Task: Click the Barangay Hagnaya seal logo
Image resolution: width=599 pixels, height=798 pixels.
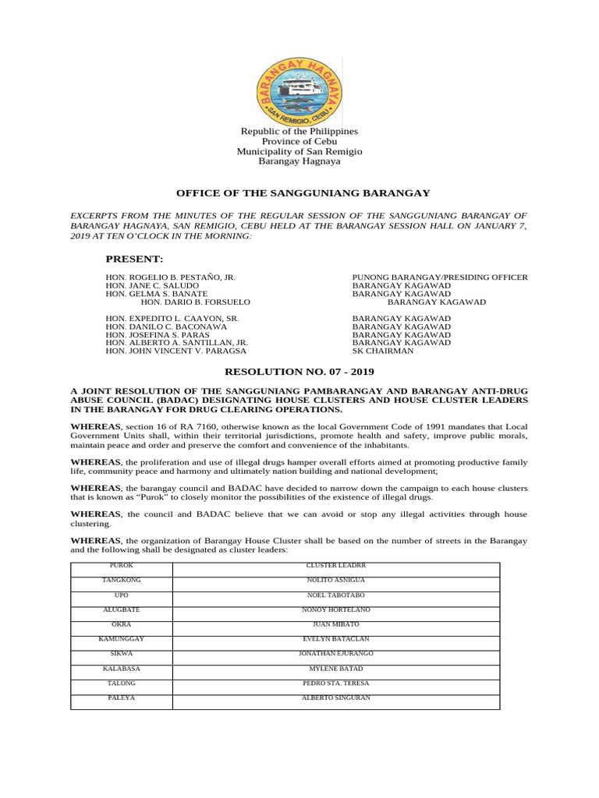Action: [299, 92]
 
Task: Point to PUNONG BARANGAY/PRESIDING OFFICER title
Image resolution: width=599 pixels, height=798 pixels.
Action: [440, 277]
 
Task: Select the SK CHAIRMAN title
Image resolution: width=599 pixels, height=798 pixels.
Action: [383, 351]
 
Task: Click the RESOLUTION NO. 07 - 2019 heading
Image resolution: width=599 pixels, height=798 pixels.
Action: [299, 373]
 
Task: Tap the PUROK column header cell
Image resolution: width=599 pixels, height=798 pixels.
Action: [121, 565]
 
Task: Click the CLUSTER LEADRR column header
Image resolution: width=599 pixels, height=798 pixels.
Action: [335, 565]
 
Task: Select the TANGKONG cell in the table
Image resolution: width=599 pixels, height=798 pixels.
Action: [121, 580]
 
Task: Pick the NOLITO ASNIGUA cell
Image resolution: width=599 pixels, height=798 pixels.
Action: [335, 580]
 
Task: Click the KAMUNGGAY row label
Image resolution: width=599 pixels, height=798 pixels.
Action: [121, 639]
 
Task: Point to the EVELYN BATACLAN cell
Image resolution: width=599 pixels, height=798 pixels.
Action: [335, 639]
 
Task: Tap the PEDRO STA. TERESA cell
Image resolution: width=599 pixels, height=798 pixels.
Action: [335, 683]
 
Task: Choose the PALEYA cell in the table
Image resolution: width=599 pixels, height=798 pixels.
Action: [121, 697]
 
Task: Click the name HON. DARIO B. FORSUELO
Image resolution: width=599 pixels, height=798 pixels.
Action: [195, 302]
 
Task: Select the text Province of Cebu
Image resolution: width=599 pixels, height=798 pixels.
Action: [299, 141]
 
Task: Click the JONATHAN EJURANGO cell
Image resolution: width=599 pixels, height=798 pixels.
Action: [335, 653]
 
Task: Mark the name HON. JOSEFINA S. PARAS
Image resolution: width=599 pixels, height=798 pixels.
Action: [158, 334]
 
